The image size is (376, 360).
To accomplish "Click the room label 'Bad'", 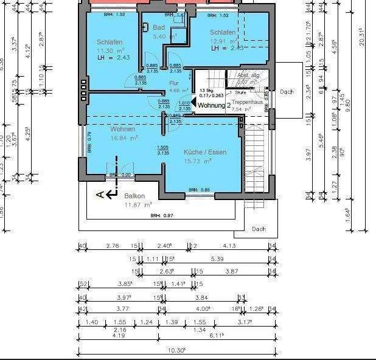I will pyautogui.click(x=159, y=27).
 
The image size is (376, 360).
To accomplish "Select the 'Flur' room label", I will pyautogui.click(x=174, y=82).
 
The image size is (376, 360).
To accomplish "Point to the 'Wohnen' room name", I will pyautogui.click(x=122, y=129).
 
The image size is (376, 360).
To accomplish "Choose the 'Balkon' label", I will pyautogui.click(x=134, y=196).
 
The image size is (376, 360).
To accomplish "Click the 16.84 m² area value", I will pyautogui.click(x=124, y=138).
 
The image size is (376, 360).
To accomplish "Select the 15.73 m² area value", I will pyautogui.click(x=198, y=161).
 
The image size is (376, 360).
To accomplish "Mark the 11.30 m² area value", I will pyautogui.click(x=111, y=50).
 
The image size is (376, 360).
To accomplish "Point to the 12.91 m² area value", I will pyautogui.click(x=223, y=41).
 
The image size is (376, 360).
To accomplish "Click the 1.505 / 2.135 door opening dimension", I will pyautogui.click(x=162, y=150).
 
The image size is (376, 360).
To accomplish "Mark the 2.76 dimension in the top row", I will pyautogui.click(x=112, y=246).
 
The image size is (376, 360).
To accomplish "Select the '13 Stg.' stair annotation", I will pyautogui.click(x=207, y=89).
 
